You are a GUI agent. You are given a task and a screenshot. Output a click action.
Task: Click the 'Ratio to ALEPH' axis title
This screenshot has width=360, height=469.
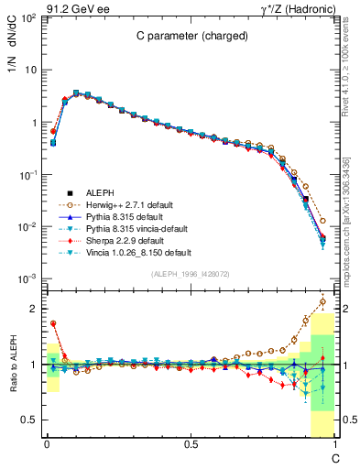[13, 365]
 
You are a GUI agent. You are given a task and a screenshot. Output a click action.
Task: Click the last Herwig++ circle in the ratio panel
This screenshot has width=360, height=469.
[322, 300]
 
